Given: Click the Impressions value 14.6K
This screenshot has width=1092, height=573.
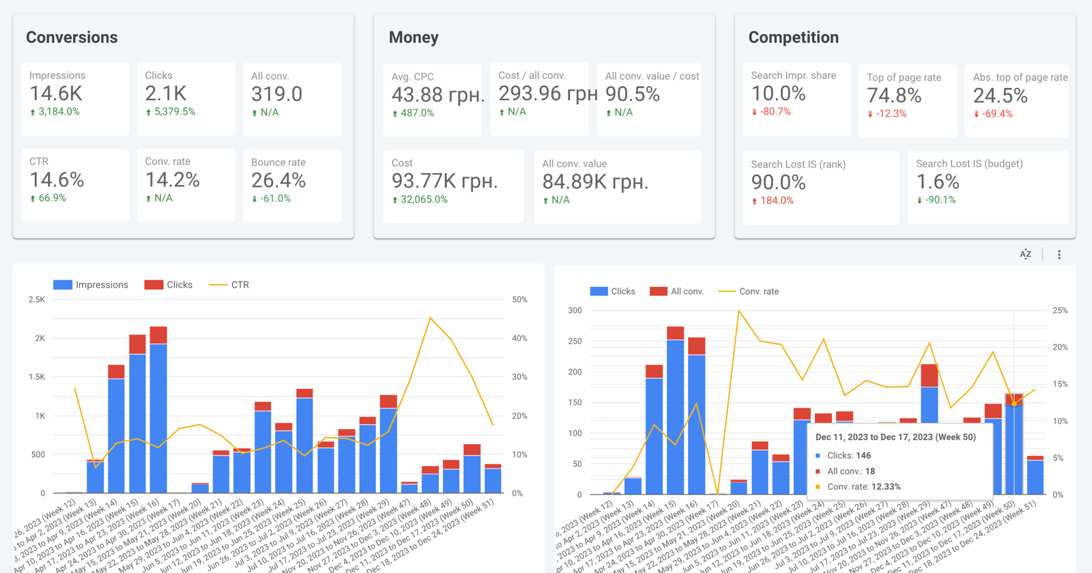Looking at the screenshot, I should coord(56,93).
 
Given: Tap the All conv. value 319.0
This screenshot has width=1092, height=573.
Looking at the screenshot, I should coord(276,94).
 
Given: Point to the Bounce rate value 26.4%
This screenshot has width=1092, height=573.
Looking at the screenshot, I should coord(278,181).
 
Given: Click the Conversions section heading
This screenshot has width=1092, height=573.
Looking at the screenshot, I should coord(72,38).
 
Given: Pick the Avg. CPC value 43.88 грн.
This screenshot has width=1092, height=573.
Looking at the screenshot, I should coord(437,95).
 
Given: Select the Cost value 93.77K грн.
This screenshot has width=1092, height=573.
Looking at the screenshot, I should coord(444,181).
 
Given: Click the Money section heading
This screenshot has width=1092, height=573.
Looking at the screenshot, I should coord(414,38).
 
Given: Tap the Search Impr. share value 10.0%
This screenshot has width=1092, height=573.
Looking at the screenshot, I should coord(778,94).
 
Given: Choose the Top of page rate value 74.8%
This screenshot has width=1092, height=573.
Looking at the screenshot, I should coord(894,96).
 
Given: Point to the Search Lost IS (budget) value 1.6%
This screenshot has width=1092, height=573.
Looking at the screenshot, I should coord(937,182).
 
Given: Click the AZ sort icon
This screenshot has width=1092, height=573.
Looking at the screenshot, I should coord(1025,254).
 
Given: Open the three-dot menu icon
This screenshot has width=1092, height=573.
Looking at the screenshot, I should coord(1059,254).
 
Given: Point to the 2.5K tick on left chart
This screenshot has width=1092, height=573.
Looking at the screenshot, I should coord(37,299).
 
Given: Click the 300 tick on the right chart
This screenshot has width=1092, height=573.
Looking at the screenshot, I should coord(575,310).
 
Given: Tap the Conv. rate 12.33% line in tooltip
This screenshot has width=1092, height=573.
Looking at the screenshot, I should coord(863,487).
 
